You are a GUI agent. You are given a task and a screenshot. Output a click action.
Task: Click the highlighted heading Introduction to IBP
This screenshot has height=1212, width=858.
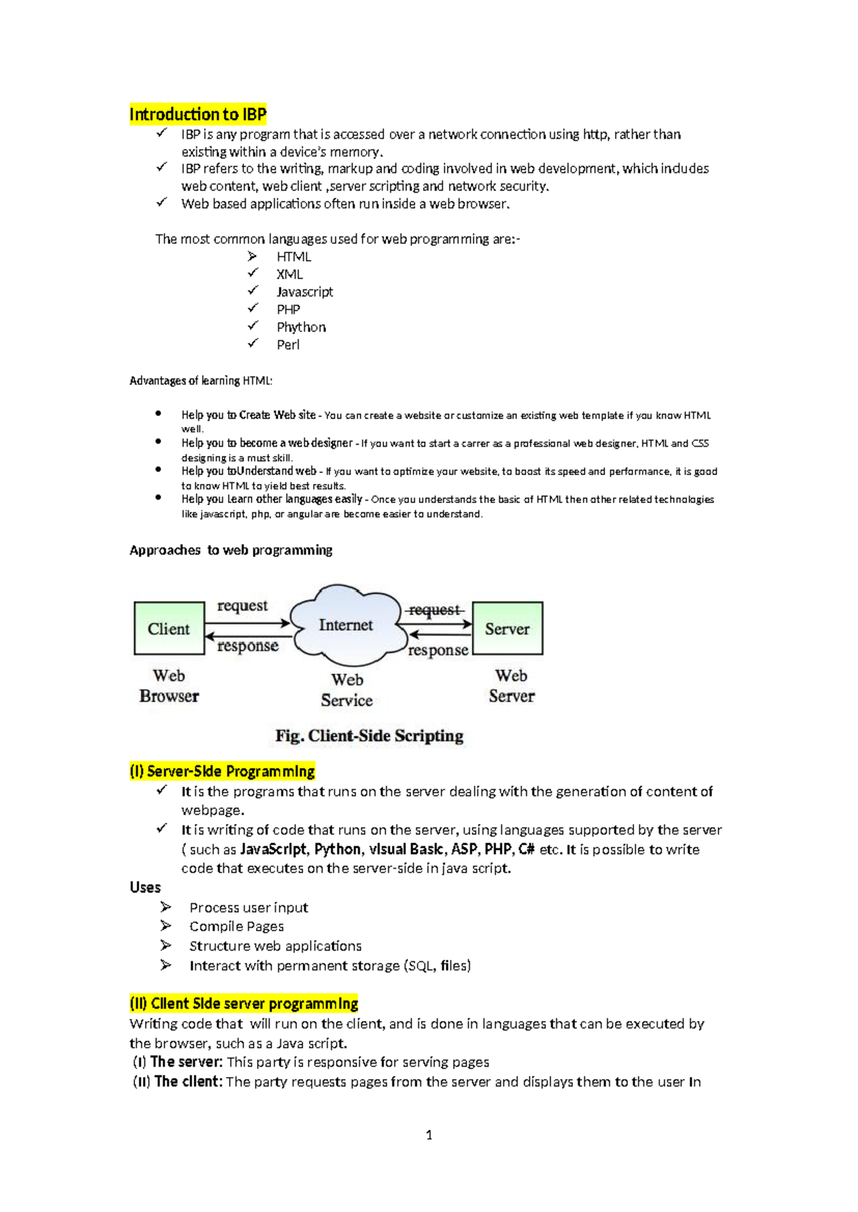click(x=198, y=114)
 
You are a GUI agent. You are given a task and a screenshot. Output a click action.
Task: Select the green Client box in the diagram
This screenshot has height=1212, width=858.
click(x=169, y=628)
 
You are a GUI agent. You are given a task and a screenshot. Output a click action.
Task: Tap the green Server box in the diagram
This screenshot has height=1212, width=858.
click(x=507, y=628)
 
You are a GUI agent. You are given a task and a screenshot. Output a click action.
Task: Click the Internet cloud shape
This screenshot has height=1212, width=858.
click(x=346, y=625)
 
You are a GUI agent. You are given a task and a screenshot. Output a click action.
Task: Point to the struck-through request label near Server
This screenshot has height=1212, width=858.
click(x=434, y=610)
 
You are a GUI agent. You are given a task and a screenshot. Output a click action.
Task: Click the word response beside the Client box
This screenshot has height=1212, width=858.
click(x=247, y=646)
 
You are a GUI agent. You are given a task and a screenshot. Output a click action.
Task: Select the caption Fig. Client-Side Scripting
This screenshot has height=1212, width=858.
click(x=369, y=735)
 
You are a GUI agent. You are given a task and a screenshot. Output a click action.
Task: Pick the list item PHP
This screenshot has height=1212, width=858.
click(x=288, y=309)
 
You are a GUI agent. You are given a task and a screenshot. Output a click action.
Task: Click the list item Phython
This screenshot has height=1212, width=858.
click(x=301, y=327)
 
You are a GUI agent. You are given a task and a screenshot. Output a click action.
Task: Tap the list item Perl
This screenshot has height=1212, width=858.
click(x=288, y=344)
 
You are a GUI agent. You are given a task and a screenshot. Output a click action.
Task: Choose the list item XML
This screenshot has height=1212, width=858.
click(x=290, y=274)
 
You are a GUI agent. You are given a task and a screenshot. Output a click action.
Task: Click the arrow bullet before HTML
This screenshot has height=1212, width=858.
click(x=252, y=257)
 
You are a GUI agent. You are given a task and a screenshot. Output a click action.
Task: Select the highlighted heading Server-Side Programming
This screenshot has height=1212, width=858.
click(x=222, y=771)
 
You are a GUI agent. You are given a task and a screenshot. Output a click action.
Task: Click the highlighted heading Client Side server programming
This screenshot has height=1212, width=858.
click(x=244, y=1003)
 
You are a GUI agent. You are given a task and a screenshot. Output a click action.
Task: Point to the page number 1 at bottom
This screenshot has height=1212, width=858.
click(x=429, y=1135)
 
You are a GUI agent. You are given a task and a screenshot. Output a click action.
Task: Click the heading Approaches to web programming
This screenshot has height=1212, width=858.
click(x=231, y=550)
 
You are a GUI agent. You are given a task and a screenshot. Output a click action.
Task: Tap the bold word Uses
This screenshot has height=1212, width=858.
click(x=145, y=888)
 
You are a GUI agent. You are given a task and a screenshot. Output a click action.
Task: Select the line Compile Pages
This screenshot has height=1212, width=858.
click(x=237, y=926)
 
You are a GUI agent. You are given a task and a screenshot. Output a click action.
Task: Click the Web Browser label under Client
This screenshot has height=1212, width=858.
click(x=169, y=686)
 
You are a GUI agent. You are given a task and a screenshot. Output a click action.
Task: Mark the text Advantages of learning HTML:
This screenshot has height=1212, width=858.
click(x=201, y=381)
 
